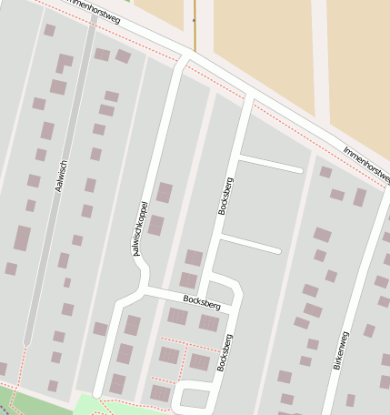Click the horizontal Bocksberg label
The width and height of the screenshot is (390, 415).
(x=201, y=299)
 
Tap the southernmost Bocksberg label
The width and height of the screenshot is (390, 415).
(x=223, y=353)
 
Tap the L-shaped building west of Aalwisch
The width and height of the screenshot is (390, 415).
(x=63, y=63)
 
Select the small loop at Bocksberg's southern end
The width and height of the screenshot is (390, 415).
(x=194, y=397)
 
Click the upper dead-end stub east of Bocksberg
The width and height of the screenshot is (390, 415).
(x=270, y=164)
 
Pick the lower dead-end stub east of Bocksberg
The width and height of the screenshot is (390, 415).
(x=250, y=244)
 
